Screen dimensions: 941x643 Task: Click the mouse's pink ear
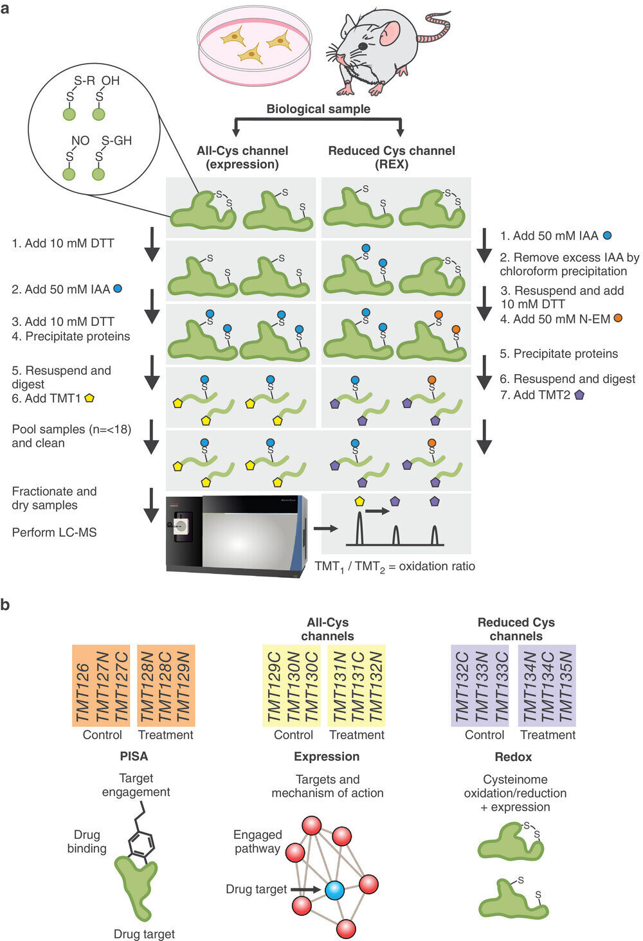[x=390, y=31]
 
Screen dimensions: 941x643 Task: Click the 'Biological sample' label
[x=318, y=109]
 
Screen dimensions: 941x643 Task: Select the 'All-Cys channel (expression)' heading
[x=242, y=157]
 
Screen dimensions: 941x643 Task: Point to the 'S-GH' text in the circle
[x=116, y=141]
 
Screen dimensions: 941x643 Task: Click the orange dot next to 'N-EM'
[x=618, y=318]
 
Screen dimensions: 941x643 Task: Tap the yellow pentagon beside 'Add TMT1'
[x=89, y=399]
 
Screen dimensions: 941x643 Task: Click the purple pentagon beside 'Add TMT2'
[x=579, y=395]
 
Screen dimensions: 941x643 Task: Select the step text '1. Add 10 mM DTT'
[x=63, y=243]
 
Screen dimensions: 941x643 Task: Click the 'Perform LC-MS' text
[x=54, y=532]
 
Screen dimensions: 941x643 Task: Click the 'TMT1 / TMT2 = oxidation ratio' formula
[x=395, y=567]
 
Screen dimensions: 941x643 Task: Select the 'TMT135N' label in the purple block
[x=566, y=686]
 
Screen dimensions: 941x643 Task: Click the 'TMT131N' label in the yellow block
[x=339, y=686]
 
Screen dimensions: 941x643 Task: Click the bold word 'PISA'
[x=134, y=757]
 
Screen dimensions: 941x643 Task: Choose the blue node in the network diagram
[x=334, y=890]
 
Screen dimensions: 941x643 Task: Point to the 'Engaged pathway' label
[x=257, y=841]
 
